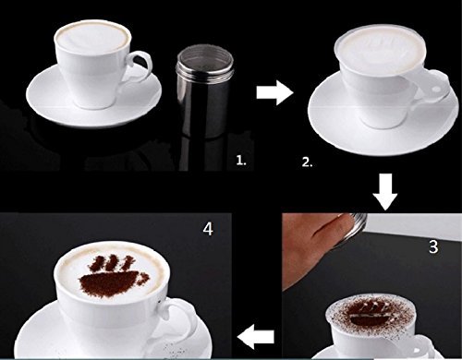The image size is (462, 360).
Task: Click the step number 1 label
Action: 241,161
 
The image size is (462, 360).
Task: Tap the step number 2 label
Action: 307,162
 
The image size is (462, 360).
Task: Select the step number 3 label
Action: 433,246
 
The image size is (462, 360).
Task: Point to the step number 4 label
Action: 208,229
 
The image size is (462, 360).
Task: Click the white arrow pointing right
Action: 274,92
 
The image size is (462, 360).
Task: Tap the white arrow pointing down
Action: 385,192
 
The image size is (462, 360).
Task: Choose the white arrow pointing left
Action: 256,337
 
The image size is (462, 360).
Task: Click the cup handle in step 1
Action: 140,66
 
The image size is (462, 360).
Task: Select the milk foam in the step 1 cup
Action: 91,39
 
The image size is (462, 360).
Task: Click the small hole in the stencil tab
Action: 436,90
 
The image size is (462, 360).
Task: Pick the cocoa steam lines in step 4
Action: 112,263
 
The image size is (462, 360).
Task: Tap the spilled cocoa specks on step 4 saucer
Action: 173,350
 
